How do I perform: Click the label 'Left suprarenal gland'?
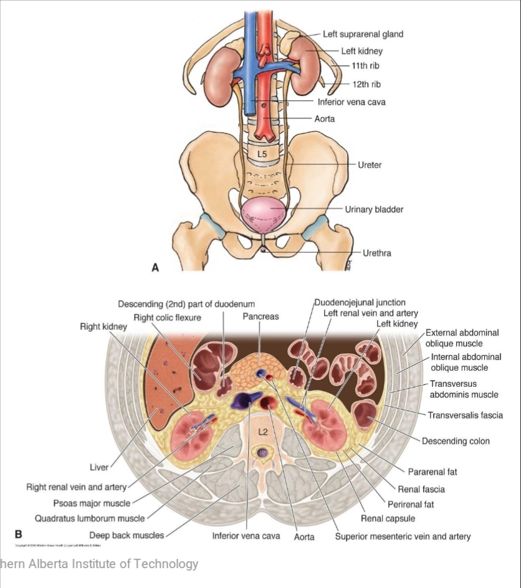point(363,34)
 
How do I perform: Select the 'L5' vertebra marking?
point(262,152)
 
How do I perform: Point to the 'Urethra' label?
point(377,253)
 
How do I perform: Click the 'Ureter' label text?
point(370,165)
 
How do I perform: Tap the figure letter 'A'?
point(156,268)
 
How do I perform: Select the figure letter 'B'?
point(18,534)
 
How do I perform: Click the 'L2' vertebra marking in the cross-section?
point(262,430)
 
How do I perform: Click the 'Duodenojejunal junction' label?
point(360,303)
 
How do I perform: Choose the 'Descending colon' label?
point(456,441)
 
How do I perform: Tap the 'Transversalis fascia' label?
point(465,415)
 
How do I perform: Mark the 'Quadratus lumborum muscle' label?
point(90,518)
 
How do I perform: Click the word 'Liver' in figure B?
point(100,467)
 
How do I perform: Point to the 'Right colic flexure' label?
point(167,318)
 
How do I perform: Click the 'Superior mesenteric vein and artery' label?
point(403,536)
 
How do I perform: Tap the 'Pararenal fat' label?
point(433,472)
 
